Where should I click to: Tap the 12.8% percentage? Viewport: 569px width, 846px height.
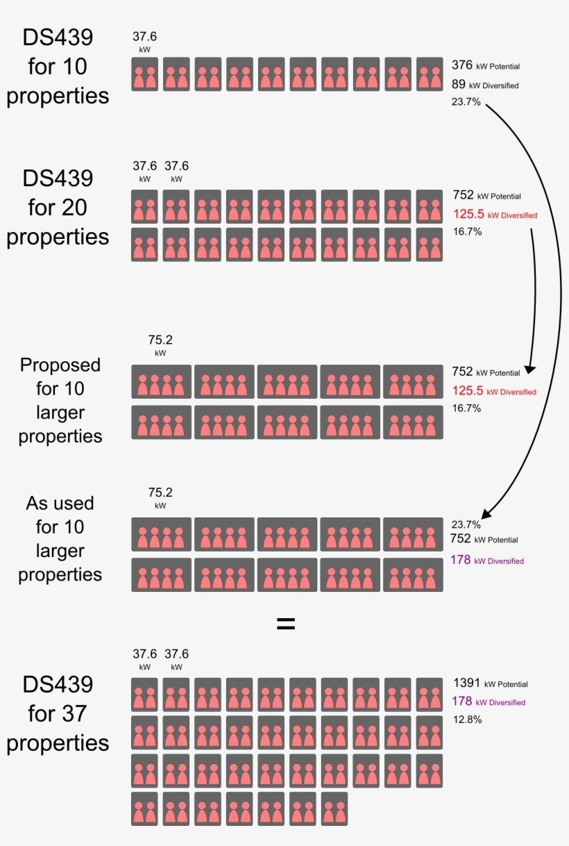tap(468, 720)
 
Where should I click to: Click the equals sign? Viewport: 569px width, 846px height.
tap(286, 624)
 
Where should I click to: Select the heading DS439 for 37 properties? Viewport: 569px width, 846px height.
tap(58, 713)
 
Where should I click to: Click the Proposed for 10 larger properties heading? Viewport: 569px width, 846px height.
tap(60, 400)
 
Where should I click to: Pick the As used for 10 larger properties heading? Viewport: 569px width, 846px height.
tap(60, 538)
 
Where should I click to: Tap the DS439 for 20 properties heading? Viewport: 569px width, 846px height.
tap(58, 207)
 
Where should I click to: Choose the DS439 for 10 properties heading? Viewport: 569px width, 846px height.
tap(58, 67)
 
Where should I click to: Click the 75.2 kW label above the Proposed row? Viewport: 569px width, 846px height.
tap(160, 345)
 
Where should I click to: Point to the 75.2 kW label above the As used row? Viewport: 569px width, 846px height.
tap(160, 497)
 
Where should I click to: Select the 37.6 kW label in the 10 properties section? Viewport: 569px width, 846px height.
tap(145, 41)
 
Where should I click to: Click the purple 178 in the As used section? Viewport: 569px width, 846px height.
tap(461, 560)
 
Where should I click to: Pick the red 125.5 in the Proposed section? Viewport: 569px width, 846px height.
tap(468, 391)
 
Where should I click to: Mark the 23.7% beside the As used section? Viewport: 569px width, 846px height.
tap(466, 524)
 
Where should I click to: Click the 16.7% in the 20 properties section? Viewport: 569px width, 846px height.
tap(467, 231)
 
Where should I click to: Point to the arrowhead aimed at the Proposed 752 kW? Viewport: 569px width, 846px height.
tap(529, 369)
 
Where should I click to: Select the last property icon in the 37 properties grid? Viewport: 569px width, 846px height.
tap(334, 808)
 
